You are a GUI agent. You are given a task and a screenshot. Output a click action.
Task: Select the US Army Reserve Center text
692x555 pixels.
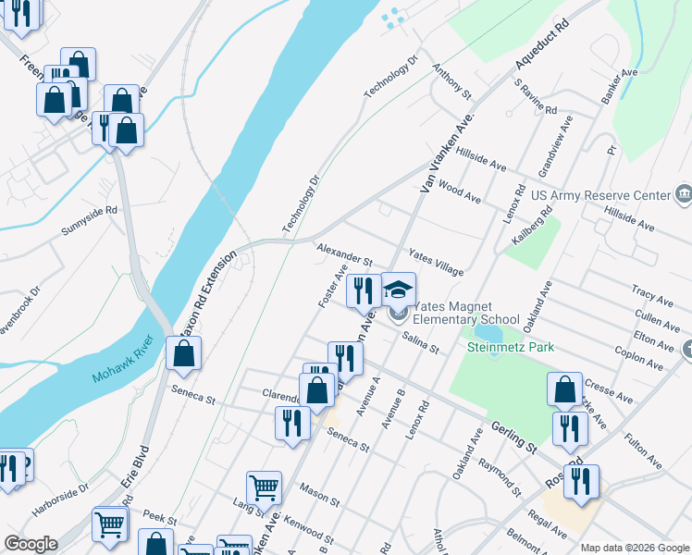599,196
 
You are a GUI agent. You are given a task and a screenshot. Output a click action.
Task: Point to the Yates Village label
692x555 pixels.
436,265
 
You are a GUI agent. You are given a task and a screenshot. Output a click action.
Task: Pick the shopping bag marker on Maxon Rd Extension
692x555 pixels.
184,353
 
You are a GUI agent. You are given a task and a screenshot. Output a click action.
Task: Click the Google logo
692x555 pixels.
31,544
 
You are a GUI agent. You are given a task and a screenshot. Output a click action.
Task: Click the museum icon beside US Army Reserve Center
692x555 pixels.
683,194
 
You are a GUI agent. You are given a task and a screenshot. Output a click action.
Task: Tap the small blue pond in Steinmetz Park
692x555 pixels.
488,330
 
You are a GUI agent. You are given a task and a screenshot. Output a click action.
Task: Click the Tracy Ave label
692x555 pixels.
652,296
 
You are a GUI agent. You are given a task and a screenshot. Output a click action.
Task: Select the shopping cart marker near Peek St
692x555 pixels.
110,524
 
